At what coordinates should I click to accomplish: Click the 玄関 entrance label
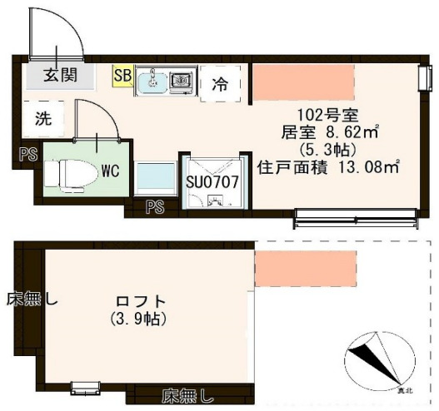coord(60,76)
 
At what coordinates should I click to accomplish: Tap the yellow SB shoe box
coord(122,76)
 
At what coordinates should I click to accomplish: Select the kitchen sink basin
coord(152,81)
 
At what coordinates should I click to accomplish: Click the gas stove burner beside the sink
coord(181,81)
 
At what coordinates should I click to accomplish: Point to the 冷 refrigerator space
coord(220,83)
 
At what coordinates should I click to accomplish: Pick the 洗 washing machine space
coord(42,117)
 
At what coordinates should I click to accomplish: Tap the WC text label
coord(110,171)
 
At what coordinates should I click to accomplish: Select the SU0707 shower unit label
coord(212,180)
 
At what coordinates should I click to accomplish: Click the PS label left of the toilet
coord(27,153)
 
